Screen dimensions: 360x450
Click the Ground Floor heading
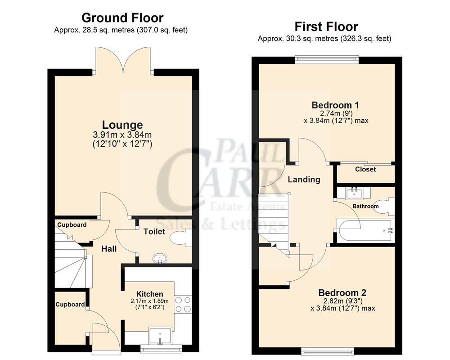click(x=122, y=18)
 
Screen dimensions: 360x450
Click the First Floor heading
click(x=326, y=26)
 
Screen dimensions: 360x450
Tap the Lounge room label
click(x=122, y=125)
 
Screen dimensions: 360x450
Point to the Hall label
click(x=109, y=249)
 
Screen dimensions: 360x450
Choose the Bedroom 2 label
click(x=343, y=292)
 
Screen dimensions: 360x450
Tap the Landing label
click(x=304, y=180)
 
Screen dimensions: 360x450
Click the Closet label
click(x=365, y=170)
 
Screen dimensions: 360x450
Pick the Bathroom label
click(x=365, y=206)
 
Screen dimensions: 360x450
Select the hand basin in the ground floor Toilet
click(x=159, y=259)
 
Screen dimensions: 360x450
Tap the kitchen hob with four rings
click(x=183, y=304)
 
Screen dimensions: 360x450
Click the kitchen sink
click(x=161, y=336)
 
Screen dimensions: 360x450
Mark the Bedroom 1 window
click(x=327, y=57)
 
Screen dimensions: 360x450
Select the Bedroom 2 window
click(x=327, y=350)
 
